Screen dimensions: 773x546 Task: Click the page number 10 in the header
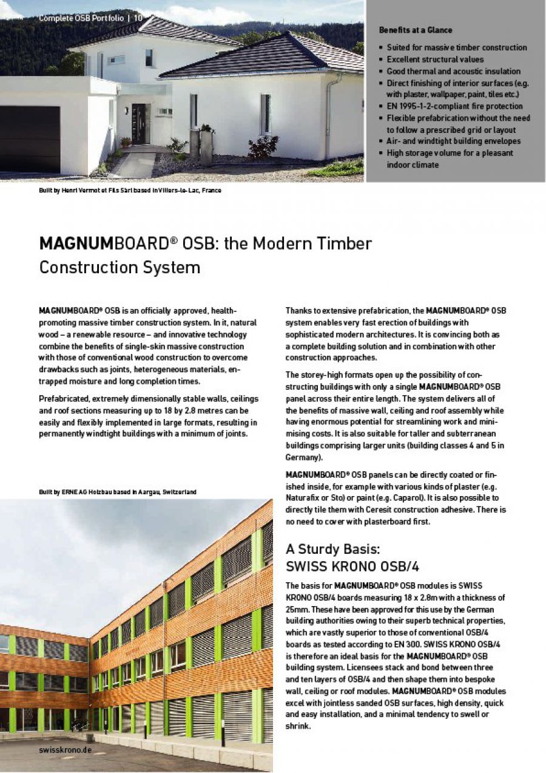(x=138, y=18)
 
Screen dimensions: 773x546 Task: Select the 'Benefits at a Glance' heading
(x=415, y=30)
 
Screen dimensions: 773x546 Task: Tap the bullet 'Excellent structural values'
(x=435, y=60)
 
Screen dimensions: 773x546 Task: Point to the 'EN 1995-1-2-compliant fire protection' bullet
(x=454, y=106)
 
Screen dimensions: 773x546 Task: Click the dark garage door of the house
(x=30, y=139)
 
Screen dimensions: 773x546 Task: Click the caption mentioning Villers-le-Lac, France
(x=130, y=191)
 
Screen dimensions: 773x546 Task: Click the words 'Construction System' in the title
(x=120, y=267)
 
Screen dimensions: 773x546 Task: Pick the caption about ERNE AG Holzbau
(x=117, y=491)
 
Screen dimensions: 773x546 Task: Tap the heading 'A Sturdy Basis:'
(x=332, y=550)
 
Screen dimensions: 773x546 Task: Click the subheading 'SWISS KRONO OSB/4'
(x=352, y=567)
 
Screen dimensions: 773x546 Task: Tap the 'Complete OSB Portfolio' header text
(x=81, y=18)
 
